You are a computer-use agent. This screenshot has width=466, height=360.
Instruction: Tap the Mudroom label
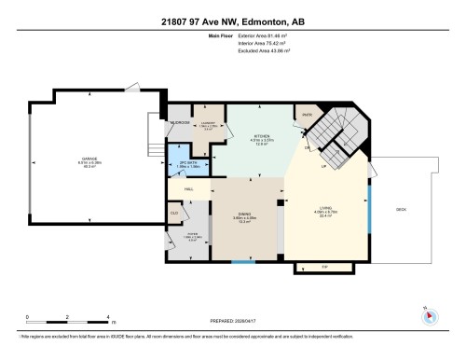coord(180,122)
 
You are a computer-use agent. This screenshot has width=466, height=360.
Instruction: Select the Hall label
coord(188,189)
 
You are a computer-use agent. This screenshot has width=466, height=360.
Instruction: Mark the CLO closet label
coord(174,214)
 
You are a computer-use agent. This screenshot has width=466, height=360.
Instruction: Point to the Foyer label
coord(194,235)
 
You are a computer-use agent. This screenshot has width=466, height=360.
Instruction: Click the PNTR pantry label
coord(304,116)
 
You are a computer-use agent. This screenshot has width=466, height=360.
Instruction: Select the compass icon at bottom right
coord(429,315)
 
